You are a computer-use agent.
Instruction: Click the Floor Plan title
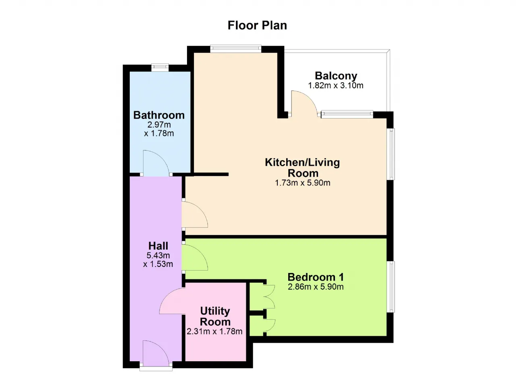coord(257,25)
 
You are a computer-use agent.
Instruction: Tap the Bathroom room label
coord(159,115)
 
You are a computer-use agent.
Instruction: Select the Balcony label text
coord(336,76)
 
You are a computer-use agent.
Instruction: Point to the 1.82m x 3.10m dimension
coord(336,85)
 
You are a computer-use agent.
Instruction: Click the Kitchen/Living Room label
coord(302,168)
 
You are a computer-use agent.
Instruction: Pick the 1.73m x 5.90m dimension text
coord(302,183)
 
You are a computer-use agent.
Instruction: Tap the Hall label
coord(158,246)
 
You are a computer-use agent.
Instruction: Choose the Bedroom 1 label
coord(316,277)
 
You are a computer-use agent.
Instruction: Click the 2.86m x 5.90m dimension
coord(316,287)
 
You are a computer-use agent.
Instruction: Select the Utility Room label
coord(215,317)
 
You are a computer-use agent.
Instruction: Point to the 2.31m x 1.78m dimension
coord(214,331)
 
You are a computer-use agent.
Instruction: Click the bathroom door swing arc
coord(161,159)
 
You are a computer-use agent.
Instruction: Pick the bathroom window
coord(160,67)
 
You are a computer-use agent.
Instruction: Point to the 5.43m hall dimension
coord(158,256)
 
